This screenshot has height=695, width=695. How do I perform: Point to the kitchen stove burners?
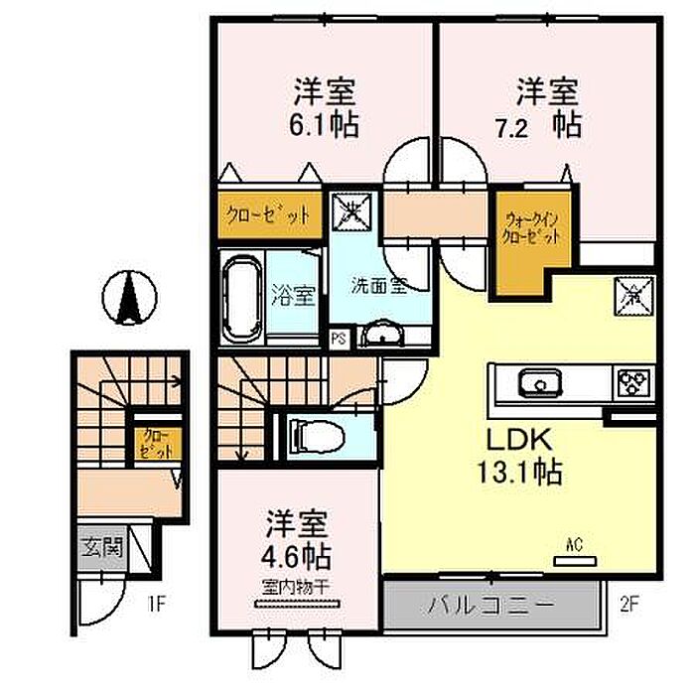click(x=631, y=381)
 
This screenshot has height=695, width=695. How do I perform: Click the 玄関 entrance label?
click(x=100, y=547)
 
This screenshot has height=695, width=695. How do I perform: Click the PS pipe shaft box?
click(x=339, y=338)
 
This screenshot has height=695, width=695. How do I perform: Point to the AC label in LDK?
click(x=573, y=545)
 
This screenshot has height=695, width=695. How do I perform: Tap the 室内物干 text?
click(x=297, y=587)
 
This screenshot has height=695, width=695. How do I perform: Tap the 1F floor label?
click(x=156, y=601)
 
